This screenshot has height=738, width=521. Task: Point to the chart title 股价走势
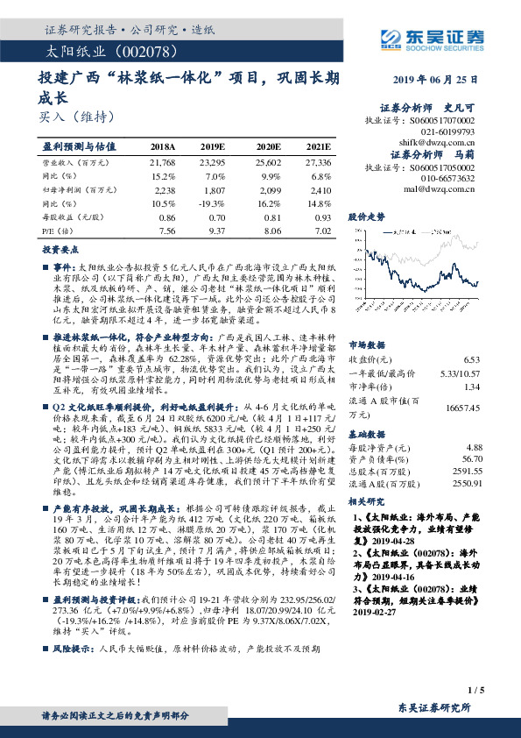(x=368, y=215)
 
